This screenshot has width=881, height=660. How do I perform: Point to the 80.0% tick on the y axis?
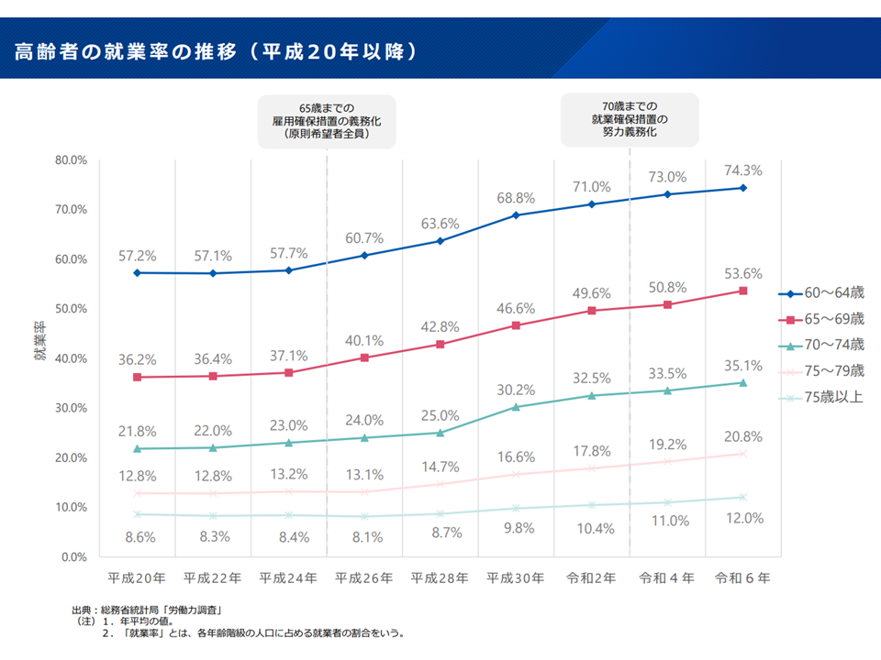pos(71,160)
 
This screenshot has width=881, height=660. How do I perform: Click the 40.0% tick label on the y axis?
pos(71,358)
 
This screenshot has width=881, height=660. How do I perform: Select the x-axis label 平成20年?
pos(137,578)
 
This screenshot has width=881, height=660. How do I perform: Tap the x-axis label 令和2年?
pos(592,578)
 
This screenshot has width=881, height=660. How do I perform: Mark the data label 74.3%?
pos(742,170)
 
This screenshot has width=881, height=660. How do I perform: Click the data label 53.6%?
pos(742,273)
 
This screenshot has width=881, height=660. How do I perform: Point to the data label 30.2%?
pos(515,389)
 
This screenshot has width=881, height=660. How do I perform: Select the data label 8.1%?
pos(364,537)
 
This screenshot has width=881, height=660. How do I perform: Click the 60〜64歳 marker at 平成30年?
pos(516,215)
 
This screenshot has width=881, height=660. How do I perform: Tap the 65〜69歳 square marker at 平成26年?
pos(364,357)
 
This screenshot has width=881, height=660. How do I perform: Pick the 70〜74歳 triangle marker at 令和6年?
pos(742,383)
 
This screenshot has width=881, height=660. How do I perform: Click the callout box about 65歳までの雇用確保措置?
pos(327,121)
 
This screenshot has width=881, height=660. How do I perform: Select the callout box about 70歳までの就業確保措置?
pos(630,119)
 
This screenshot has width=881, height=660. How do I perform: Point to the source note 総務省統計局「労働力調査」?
pos(148,610)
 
